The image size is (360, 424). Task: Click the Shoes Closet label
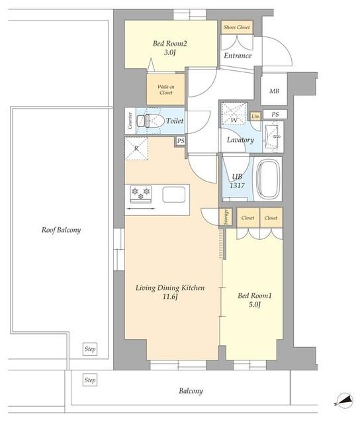(x=237, y=27)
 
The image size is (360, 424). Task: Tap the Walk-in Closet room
(x=166, y=89)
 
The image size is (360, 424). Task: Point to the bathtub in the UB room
(x=268, y=180)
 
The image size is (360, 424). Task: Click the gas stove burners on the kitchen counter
(x=141, y=194)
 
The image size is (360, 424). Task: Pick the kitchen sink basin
(x=174, y=195)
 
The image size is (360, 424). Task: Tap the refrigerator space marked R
(x=136, y=148)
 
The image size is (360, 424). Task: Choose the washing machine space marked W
(x=234, y=113)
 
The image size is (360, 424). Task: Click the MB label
(x=274, y=91)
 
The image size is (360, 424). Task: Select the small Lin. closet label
(x=255, y=117)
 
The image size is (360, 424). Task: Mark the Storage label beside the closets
(x=226, y=217)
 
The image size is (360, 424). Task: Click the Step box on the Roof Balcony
(x=90, y=349)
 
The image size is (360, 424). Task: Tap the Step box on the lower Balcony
(x=90, y=380)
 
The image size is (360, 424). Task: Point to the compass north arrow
(x=345, y=401)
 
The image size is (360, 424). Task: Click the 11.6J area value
(x=170, y=297)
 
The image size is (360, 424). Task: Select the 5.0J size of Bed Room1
(x=254, y=305)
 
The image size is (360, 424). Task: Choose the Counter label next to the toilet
(x=130, y=121)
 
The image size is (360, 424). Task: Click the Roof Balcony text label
(x=62, y=230)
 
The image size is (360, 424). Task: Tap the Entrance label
(x=238, y=56)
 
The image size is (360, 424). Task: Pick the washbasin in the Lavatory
(x=272, y=136)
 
